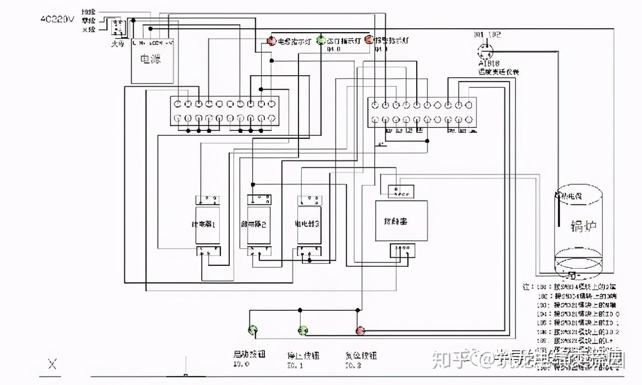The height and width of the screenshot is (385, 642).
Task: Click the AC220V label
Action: pyautogui.click(x=57, y=20)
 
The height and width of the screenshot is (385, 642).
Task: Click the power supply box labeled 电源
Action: pyautogui.click(x=152, y=61)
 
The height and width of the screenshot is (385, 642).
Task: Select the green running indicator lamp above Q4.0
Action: pyautogui.click(x=321, y=41)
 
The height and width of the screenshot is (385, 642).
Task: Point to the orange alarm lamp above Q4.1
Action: pyautogui.click(x=369, y=40)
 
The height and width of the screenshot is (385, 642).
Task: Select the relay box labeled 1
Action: pyautogui.click(x=207, y=225)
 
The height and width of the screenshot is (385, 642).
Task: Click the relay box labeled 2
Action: pyautogui.click(x=259, y=225)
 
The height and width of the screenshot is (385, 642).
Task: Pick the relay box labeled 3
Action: pyautogui.click(x=309, y=224)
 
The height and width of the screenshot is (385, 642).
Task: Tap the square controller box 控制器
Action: pyautogui.click(x=402, y=221)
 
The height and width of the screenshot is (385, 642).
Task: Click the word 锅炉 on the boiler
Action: pyautogui.click(x=584, y=225)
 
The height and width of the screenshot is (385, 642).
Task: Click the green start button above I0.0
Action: pyautogui.click(x=253, y=329)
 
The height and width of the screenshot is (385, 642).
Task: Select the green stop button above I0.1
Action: pyautogui.click(x=302, y=329)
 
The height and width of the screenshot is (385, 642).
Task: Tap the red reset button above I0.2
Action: pyautogui.click(x=360, y=329)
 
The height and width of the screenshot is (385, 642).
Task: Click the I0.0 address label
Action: pyautogui.click(x=241, y=364)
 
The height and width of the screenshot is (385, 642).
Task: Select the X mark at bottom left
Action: pyautogui.click(x=52, y=364)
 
